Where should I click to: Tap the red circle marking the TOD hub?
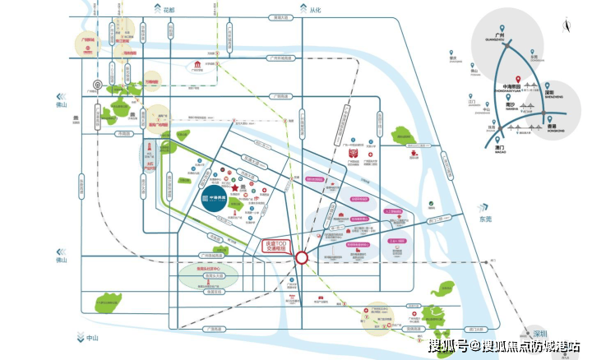pos(302,257)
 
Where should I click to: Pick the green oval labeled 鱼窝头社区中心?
pos(209,272)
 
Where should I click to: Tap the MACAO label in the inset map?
pos(501,151)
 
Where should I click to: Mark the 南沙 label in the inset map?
pos(511,105)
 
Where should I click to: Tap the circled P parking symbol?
pos(97,84)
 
